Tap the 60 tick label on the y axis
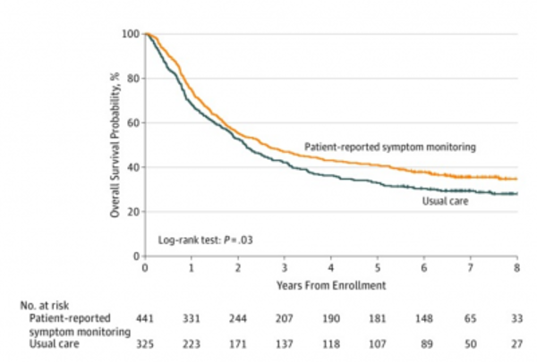click(x=132, y=122)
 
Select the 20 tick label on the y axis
click(x=132, y=212)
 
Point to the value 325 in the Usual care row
click(x=143, y=342)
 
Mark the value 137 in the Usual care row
click(x=286, y=342)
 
